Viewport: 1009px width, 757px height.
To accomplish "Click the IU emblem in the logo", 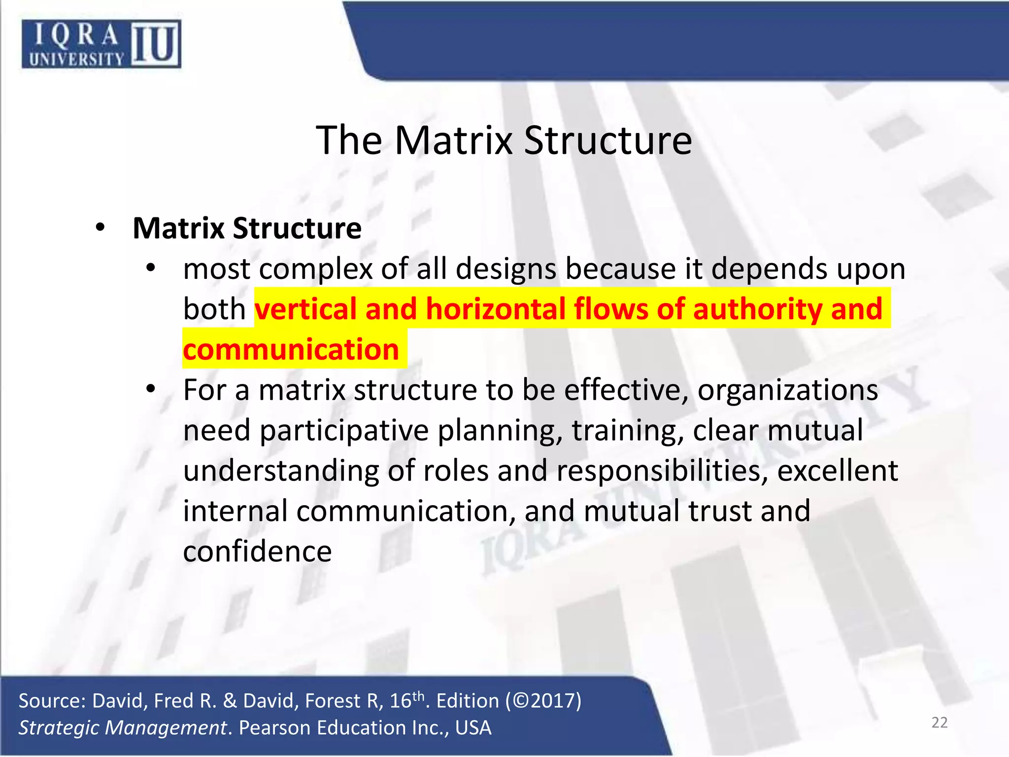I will tap(155, 44).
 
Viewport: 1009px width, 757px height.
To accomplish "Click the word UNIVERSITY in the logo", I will tap(76, 60).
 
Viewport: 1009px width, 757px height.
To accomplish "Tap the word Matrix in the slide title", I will tap(453, 140).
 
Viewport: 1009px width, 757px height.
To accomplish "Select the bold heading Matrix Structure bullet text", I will tap(247, 228).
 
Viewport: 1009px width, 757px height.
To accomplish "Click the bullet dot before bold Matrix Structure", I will tap(101, 228).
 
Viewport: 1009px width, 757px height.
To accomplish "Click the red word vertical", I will tap(305, 309).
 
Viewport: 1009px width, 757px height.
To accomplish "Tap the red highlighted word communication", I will tap(291, 350).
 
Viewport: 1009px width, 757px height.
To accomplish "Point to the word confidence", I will tap(257, 551).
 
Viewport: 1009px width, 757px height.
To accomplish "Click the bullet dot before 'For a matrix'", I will tap(151, 389).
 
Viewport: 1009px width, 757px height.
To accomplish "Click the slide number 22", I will tap(940, 723).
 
